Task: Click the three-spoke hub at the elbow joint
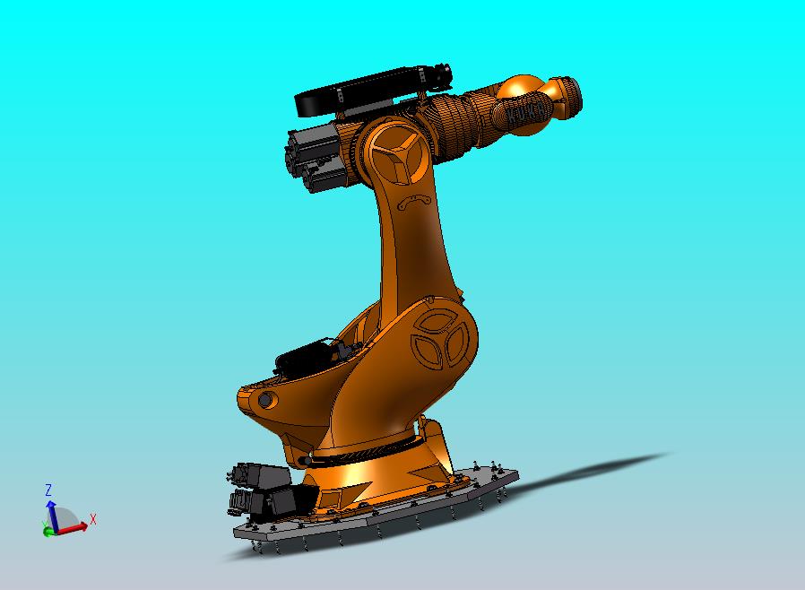coord(393,153)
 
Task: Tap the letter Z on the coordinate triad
coord(48,490)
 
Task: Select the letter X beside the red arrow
coord(93,518)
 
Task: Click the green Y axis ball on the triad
coord(47,531)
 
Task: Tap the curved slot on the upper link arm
coord(414,202)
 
